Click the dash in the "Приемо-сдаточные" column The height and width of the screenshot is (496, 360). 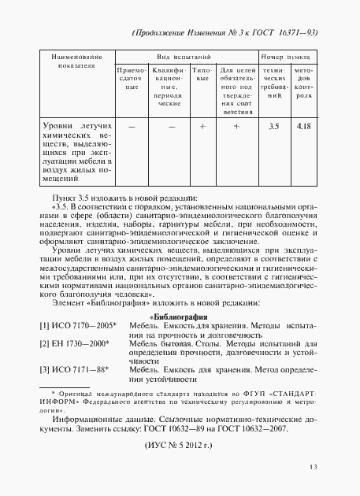132,126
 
